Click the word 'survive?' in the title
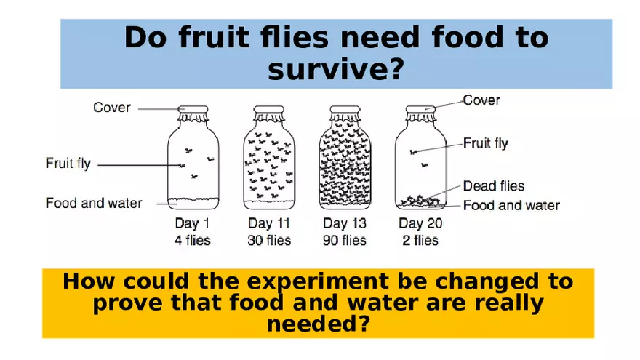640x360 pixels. tap(335, 71)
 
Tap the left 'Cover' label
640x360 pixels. tap(112, 108)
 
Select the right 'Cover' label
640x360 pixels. tap(481, 100)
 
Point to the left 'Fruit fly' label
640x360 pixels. tap(68, 164)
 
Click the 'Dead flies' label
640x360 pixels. tap(493, 187)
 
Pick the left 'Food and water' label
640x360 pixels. tap(94, 203)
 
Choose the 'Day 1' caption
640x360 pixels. tap(192, 223)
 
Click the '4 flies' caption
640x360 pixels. tap(192, 239)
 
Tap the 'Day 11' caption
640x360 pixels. tap(270, 223)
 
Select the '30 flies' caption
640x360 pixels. tap(270, 239)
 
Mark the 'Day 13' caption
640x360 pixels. tap(345, 223)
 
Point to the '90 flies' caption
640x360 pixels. tap(345, 239)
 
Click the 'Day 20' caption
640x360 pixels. tap(421, 223)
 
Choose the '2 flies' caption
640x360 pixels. tap(421, 239)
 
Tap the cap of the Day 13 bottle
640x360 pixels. tap(345, 111)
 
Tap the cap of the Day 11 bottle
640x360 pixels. tap(269, 111)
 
